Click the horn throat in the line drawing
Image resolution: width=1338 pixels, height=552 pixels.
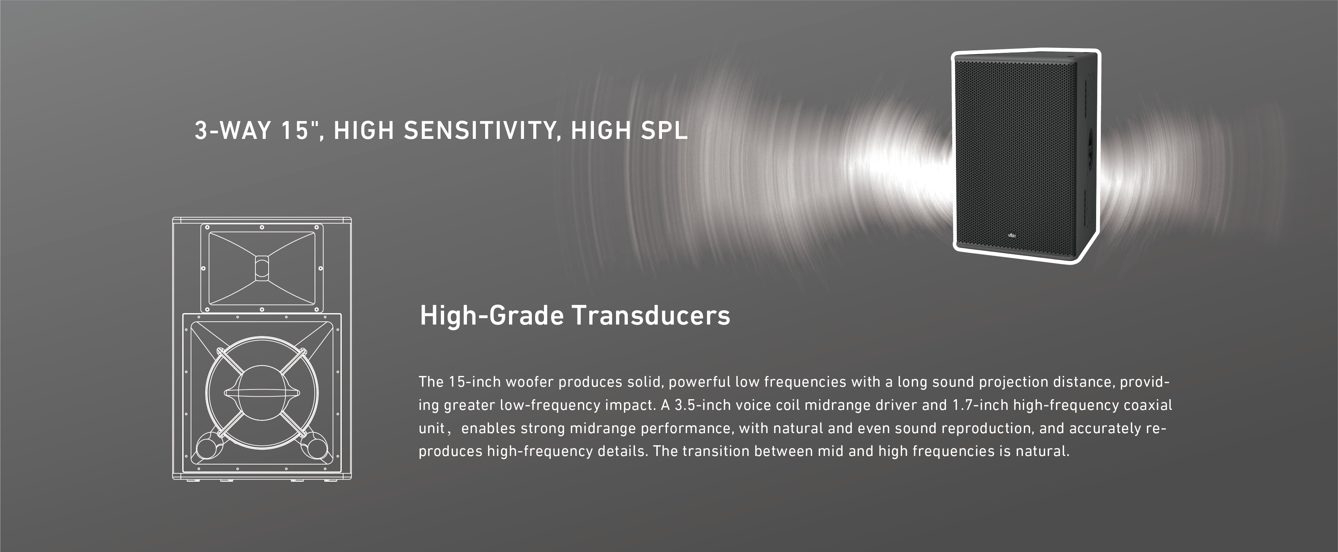pyautogui.click(x=262, y=268)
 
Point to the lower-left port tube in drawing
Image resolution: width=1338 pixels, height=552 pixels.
pyautogui.click(x=207, y=446)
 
